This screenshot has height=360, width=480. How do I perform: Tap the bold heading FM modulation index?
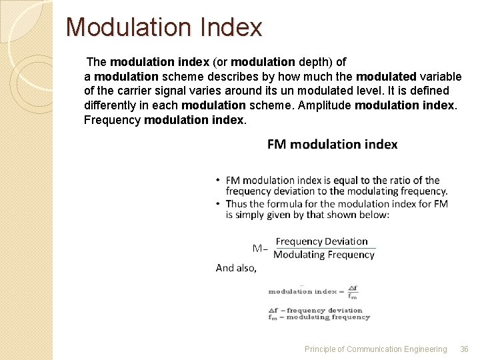pos(332,144)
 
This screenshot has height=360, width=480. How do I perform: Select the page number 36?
pos(465,349)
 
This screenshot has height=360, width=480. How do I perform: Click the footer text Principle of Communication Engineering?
pos(375,349)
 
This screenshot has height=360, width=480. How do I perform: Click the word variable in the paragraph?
pos(427,77)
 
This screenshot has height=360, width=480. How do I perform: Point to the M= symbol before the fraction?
pos(259,249)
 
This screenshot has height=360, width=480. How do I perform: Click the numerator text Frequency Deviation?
pos(321,241)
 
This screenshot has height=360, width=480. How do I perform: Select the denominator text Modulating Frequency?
pos(324,255)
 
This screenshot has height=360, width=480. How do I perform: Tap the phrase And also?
pos(235,268)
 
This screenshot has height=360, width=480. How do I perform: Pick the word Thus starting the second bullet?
pos(237,203)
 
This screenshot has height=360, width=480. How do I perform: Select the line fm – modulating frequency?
pos(319,317)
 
